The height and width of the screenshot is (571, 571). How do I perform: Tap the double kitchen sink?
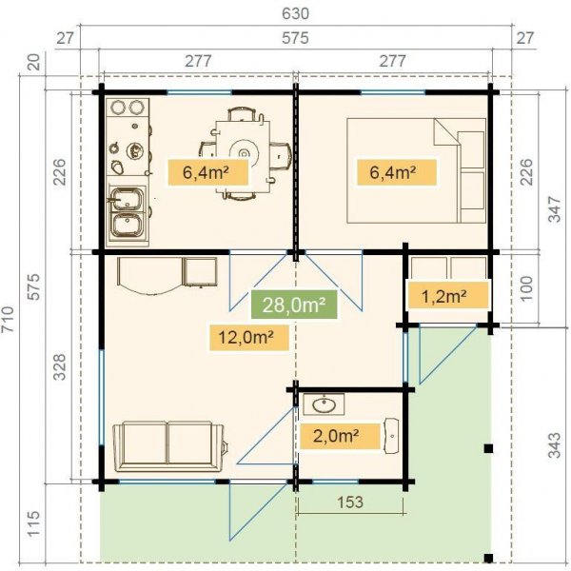(x=126, y=212)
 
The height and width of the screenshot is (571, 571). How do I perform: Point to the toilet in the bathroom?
(x=392, y=435)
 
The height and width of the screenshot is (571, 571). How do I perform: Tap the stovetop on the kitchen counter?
(x=126, y=149)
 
